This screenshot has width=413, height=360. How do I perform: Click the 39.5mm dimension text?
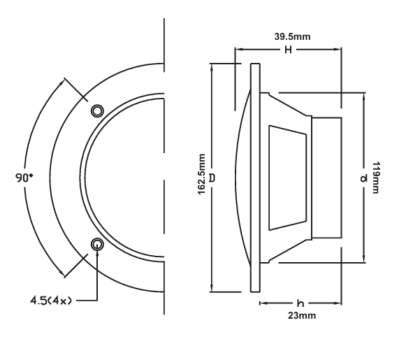[292, 36]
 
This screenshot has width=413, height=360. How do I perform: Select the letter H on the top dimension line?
[289, 50]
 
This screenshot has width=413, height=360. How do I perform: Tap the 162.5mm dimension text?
[201, 174]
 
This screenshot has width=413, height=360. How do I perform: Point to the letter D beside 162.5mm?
[212, 178]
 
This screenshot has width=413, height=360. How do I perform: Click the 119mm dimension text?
[376, 178]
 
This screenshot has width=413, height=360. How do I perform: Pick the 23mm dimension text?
[302, 315]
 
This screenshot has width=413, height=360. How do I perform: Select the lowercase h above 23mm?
[300, 303]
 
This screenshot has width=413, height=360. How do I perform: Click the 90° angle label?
[24, 178]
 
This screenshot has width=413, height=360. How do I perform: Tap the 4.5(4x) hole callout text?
[50, 301]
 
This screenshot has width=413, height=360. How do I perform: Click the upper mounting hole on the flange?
[97, 110]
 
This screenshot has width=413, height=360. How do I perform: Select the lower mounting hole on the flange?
[97, 244]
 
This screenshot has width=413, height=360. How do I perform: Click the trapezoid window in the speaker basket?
[288, 178]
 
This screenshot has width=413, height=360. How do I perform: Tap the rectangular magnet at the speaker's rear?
[326, 178]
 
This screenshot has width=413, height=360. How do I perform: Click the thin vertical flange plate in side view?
[255, 178]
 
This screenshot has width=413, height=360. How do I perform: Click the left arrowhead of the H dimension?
[238, 49]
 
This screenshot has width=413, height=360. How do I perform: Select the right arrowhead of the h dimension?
[338, 303]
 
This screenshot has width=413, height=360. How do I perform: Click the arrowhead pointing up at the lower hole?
[97, 252]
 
